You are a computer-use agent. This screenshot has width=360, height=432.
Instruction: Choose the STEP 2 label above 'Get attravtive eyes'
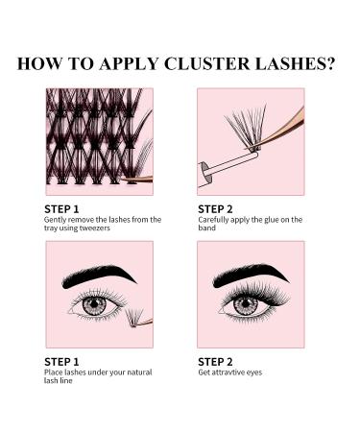click(215, 361)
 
